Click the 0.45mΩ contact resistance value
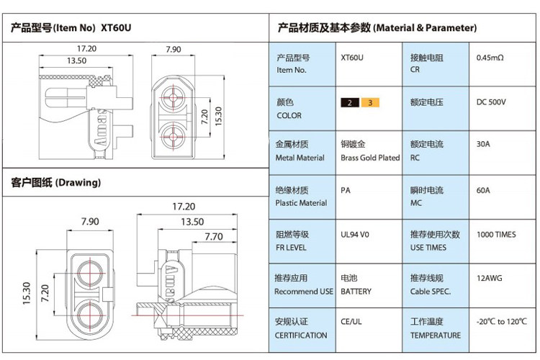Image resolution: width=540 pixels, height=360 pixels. (490, 58)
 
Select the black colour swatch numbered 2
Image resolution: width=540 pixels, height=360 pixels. (350, 103)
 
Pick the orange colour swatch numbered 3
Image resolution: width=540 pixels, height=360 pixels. (370, 103)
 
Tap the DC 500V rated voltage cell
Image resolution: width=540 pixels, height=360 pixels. (491, 102)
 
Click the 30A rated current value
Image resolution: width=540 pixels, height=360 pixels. (483, 144)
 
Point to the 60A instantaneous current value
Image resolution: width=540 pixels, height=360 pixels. (483, 190)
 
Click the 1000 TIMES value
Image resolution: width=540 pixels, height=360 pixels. (496, 235)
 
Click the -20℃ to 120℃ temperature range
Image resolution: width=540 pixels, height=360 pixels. (502, 322)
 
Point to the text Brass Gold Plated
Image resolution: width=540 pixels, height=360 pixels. (369, 158)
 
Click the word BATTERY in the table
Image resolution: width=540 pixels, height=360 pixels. (356, 292)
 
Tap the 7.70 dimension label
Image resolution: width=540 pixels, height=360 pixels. (214, 236)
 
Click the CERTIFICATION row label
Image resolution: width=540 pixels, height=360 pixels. (302, 336)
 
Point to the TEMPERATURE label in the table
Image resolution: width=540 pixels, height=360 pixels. (435, 336)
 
